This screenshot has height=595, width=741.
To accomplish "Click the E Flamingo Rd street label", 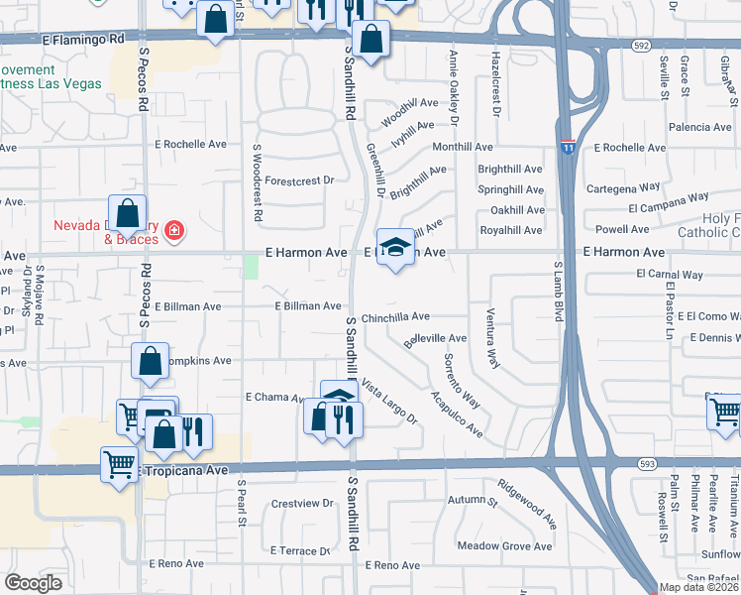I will (84, 39).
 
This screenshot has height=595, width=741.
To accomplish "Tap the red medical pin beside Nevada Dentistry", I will (174, 231).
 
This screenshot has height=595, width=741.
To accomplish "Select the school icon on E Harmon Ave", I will (395, 248).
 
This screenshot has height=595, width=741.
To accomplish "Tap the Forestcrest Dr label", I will (300, 180).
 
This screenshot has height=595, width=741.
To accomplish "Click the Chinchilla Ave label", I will (395, 316).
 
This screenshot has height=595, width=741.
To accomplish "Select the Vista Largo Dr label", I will (390, 401).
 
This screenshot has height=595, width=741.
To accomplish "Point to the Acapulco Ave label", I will (457, 415).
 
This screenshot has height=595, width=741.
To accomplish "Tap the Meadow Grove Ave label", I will (504, 546).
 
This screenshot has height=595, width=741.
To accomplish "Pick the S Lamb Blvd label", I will (558, 292).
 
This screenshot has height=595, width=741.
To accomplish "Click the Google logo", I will (34, 582).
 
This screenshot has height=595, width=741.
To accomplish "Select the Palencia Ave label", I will (699, 127).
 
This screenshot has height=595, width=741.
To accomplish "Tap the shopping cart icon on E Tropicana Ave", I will (119, 462).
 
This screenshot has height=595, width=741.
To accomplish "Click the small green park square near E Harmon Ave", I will (252, 266).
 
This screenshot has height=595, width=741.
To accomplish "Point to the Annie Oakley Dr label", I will (455, 87).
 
